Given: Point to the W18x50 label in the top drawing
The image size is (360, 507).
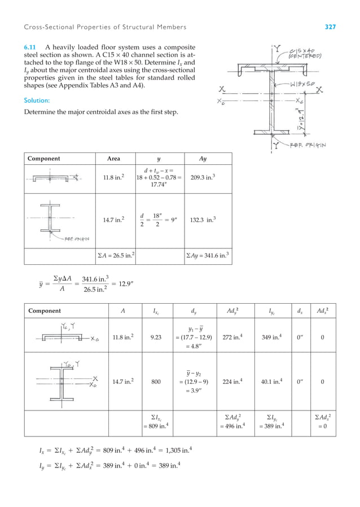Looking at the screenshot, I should pyautogui.click(x=303, y=84).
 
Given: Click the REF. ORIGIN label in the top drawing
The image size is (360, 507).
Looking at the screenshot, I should pyautogui.click(x=308, y=144).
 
